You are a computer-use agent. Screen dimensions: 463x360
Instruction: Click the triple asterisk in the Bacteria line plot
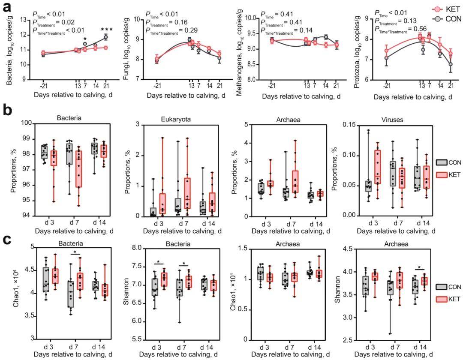point(107,30)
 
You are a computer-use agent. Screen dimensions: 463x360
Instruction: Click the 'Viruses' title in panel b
point(392,120)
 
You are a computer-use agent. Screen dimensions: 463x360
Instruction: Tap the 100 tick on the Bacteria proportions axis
point(27,123)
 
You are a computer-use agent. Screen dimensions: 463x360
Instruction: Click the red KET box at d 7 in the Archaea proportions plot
point(295,181)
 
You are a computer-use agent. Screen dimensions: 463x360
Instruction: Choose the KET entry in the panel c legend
point(448,299)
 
